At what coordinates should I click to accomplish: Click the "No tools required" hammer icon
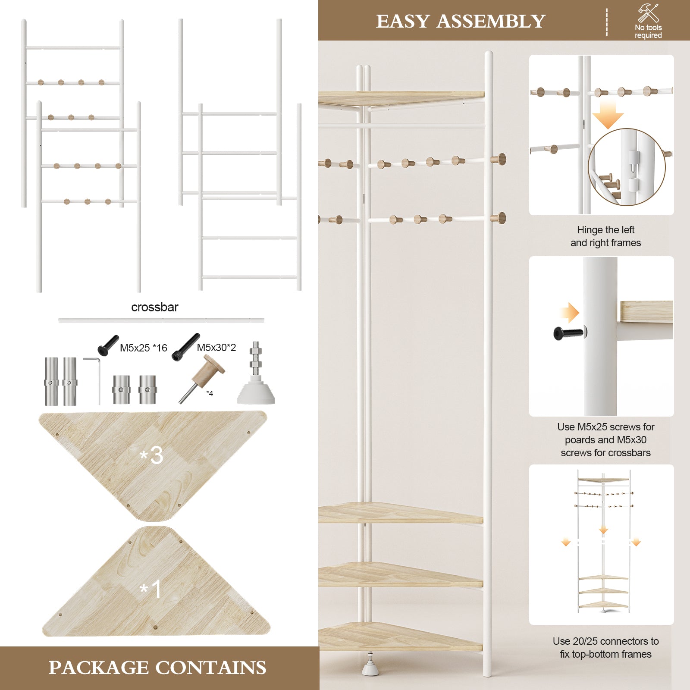[x=649, y=13]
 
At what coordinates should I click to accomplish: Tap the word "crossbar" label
[x=154, y=307]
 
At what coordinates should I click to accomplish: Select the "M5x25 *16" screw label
[x=143, y=348]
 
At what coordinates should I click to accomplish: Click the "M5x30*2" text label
[x=216, y=348]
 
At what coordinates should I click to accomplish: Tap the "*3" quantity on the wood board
[x=151, y=455]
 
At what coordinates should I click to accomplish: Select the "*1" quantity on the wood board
[x=151, y=589]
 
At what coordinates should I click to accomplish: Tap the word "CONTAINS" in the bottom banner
[x=211, y=668]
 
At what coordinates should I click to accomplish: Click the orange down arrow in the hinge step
[x=608, y=114]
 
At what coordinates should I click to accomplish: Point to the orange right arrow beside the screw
[x=570, y=312]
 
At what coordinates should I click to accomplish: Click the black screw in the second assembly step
[x=568, y=333]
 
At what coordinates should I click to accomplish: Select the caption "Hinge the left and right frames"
[x=605, y=236]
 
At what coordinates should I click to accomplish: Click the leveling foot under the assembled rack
[x=370, y=664]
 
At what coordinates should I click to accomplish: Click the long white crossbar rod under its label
[x=161, y=320]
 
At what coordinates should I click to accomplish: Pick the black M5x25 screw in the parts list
[x=108, y=345]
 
